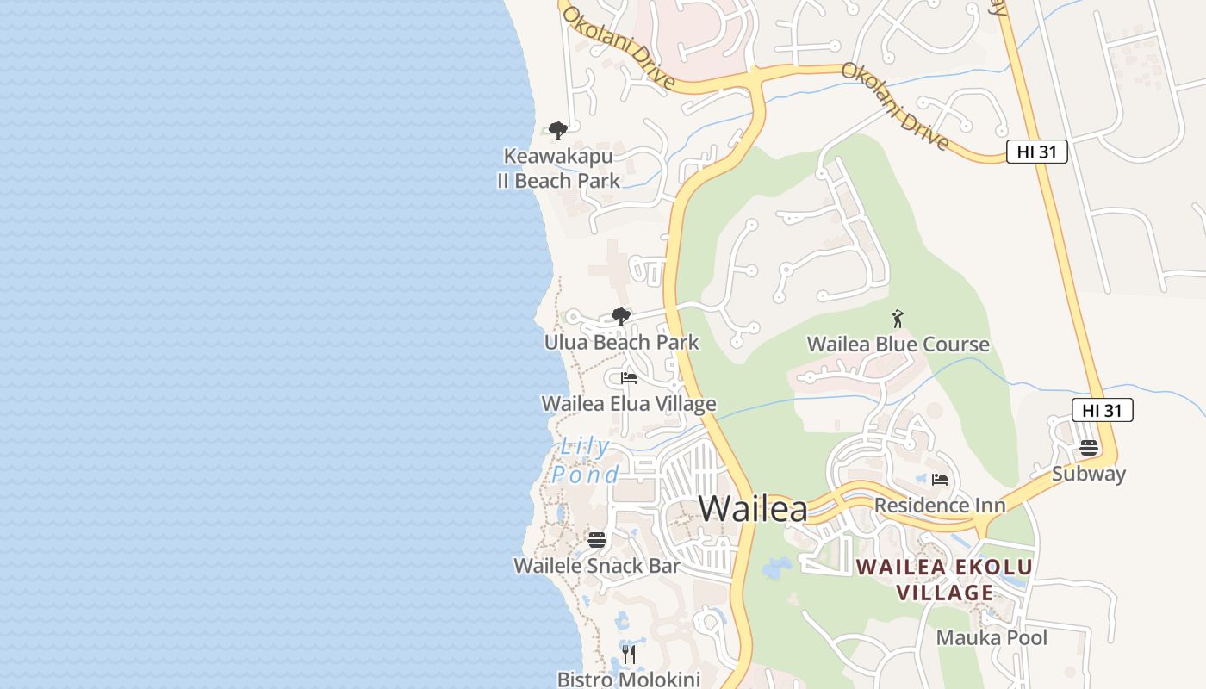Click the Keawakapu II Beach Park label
[x=558, y=169]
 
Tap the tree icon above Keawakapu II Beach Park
[x=558, y=131]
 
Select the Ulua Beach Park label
[x=621, y=343]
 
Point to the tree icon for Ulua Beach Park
[x=620, y=316]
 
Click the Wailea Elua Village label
[x=628, y=404]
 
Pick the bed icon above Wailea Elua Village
[x=629, y=378]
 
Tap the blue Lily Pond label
[x=585, y=461]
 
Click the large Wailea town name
[x=753, y=508]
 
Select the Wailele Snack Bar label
[x=596, y=566]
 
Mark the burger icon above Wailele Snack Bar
[x=597, y=540]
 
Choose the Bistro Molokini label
[x=628, y=679]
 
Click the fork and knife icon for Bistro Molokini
[x=629, y=655]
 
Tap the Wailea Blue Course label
[x=898, y=344]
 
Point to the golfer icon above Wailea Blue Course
[x=898, y=319]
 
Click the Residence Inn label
[x=940, y=505]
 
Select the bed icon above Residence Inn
[x=940, y=479]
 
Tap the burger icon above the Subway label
[x=1089, y=448]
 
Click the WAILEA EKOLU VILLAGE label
[x=944, y=580]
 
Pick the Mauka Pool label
[x=992, y=638]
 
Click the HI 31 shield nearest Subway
[x=1102, y=411]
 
